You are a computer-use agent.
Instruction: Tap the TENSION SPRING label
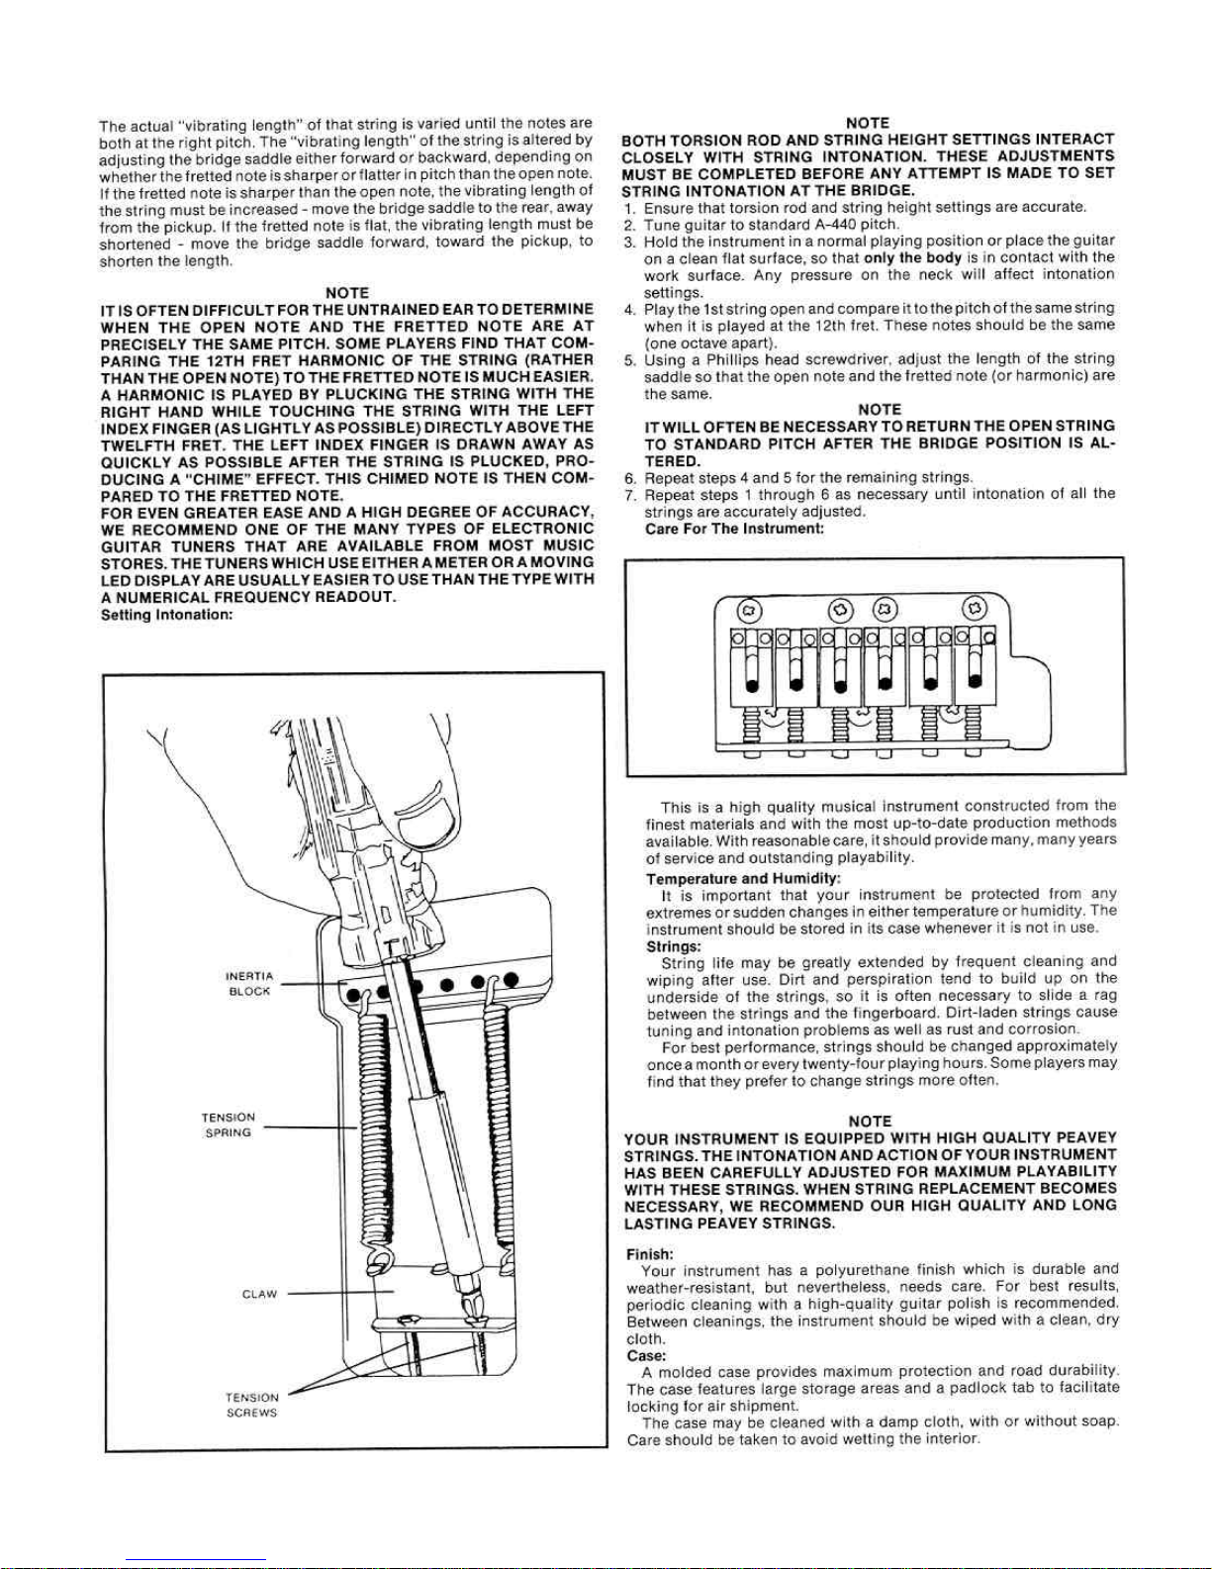(228, 1126)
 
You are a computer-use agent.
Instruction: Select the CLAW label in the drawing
(259, 1294)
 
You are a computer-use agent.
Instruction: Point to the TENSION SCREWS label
(251, 1406)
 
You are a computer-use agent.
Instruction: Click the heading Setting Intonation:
(166, 615)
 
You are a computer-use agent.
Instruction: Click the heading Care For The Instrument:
(734, 529)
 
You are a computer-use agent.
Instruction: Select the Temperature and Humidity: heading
(744, 879)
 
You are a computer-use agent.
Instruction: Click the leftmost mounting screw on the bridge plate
(750, 610)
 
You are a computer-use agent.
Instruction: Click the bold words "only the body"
(912, 257)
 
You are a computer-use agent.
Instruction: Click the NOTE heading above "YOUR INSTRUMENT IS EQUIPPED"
(870, 1122)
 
